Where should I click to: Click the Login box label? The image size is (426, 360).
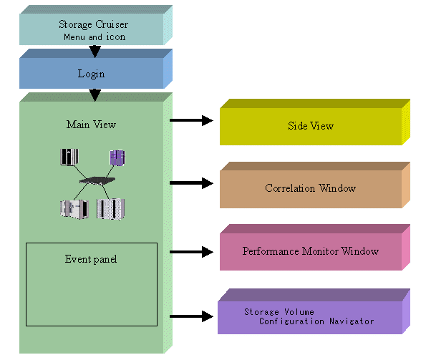92,74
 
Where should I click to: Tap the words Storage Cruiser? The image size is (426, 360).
94,24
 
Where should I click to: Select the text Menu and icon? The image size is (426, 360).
95,37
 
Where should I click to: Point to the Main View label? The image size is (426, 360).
92,125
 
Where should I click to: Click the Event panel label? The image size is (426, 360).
91,259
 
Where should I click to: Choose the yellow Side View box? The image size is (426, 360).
314,122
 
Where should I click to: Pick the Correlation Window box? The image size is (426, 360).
314,185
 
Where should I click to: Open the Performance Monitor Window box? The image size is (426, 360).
314,248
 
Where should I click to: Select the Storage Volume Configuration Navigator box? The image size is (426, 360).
314,311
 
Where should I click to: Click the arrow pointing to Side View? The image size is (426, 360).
191,120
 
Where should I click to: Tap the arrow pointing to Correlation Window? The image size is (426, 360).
191,183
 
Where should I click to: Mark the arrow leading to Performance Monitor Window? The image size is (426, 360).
191,252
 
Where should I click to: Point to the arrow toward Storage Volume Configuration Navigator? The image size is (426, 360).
191,316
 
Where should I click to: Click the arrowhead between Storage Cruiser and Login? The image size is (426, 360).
95,52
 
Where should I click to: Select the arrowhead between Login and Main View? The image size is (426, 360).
95,94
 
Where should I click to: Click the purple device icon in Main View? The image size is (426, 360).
117,157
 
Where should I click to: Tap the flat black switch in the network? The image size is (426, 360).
97,180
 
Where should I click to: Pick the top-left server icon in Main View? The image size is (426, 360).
69,157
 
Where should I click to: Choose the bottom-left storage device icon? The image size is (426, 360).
74,209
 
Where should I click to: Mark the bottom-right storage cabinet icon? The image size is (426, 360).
110,209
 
